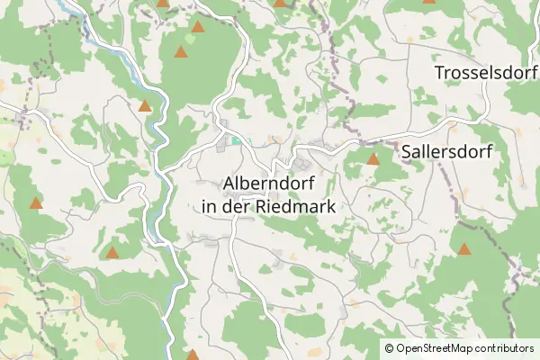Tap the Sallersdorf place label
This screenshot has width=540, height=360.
pyautogui.click(x=446, y=151)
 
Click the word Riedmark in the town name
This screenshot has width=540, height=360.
pyautogui.click(x=296, y=206)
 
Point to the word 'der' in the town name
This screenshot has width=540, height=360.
pyautogui.click(x=238, y=206)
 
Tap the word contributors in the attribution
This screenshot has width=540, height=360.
pyautogui.click(x=505, y=347)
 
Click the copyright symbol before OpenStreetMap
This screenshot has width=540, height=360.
pyautogui.click(x=390, y=347)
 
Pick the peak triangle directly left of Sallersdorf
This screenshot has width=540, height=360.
pyautogui.click(x=373, y=159)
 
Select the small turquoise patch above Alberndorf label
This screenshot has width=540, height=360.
pyautogui.click(x=236, y=139)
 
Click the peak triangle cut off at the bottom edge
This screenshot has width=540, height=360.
pyautogui.click(x=193, y=355)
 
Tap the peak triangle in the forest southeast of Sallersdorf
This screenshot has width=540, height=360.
pyautogui.click(x=464, y=249)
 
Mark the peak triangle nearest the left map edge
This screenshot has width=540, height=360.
pyautogui.click(x=36, y=203)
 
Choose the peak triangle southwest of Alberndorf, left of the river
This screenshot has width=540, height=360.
pyautogui.click(x=112, y=253)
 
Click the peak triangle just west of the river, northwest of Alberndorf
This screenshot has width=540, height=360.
pyautogui.click(x=145, y=106)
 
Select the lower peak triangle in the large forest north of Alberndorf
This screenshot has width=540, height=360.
pyautogui.click(x=181, y=52)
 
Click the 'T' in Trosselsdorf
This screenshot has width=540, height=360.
pyautogui.click(x=439, y=72)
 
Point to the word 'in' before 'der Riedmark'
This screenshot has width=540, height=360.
pyautogui.click(x=211, y=206)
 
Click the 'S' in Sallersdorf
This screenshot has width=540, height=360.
pyautogui.click(x=407, y=151)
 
